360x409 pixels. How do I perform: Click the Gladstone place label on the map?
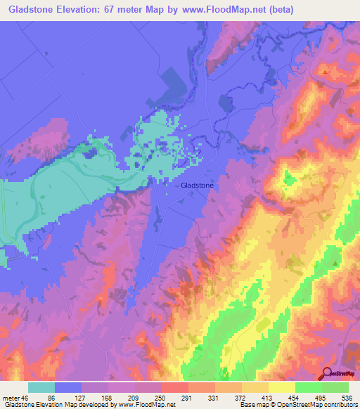pyautogui.click(x=197, y=185)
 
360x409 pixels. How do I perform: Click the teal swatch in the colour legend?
pyautogui.click(x=41, y=387)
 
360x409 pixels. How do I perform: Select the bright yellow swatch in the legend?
pyautogui.click(x=281, y=387)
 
